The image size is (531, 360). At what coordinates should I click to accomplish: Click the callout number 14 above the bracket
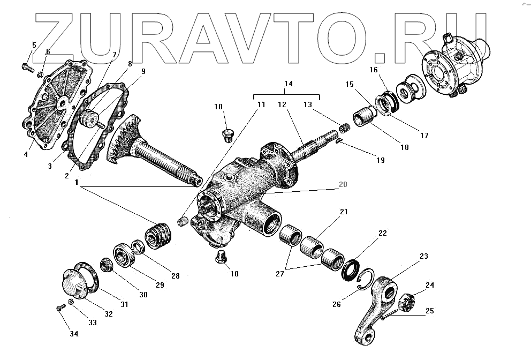coord(289,84)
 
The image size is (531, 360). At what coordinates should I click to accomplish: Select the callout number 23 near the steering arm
coord(423,257)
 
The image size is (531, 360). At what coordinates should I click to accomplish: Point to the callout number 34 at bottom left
coord(73,334)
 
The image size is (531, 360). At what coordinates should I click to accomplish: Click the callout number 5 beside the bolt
coord(34,45)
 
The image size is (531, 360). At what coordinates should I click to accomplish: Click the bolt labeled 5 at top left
coord(26,66)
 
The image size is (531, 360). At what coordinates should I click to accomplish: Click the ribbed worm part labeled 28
coord(158,236)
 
